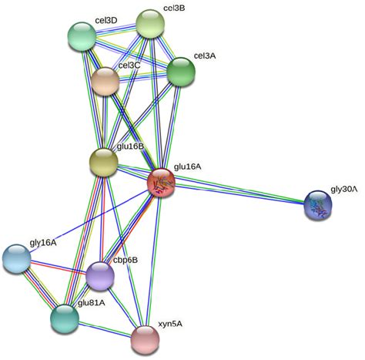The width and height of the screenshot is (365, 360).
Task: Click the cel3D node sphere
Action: click(x=82, y=36)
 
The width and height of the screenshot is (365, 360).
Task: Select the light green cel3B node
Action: click(x=150, y=24)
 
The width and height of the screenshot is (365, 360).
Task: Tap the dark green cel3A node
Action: click(x=181, y=72)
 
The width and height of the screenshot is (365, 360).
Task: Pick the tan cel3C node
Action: click(x=105, y=81)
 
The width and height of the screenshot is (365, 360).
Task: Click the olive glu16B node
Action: click(x=103, y=162)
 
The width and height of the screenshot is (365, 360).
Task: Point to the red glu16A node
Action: click(x=161, y=183)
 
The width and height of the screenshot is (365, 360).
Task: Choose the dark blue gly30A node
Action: click(x=318, y=204)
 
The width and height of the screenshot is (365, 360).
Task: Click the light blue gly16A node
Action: click(x=17, y=258)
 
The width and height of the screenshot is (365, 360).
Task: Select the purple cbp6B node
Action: click(x=100, y=276)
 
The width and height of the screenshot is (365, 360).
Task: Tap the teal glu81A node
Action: click(x=65, y=318)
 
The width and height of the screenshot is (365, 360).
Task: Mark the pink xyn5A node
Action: click(x=145, y=340)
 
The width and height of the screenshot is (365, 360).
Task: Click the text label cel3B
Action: click(x=174, y=8)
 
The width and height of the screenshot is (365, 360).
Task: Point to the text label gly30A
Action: click(x=344, y=190)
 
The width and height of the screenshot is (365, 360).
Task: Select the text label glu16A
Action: click(x=188, y=167)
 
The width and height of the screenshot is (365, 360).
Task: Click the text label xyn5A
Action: click(x=170, y=325)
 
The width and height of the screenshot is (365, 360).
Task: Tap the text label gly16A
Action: click(x=43, y=243)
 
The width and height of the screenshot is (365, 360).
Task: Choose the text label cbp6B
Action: click(x=126, y=260)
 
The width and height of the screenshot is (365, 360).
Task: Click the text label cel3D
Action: click(x=106, y=20)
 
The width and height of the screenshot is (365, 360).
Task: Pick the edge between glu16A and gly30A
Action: click(x=239, y=193)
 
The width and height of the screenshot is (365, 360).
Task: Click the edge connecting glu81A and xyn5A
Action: click(x=105, y=329)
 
